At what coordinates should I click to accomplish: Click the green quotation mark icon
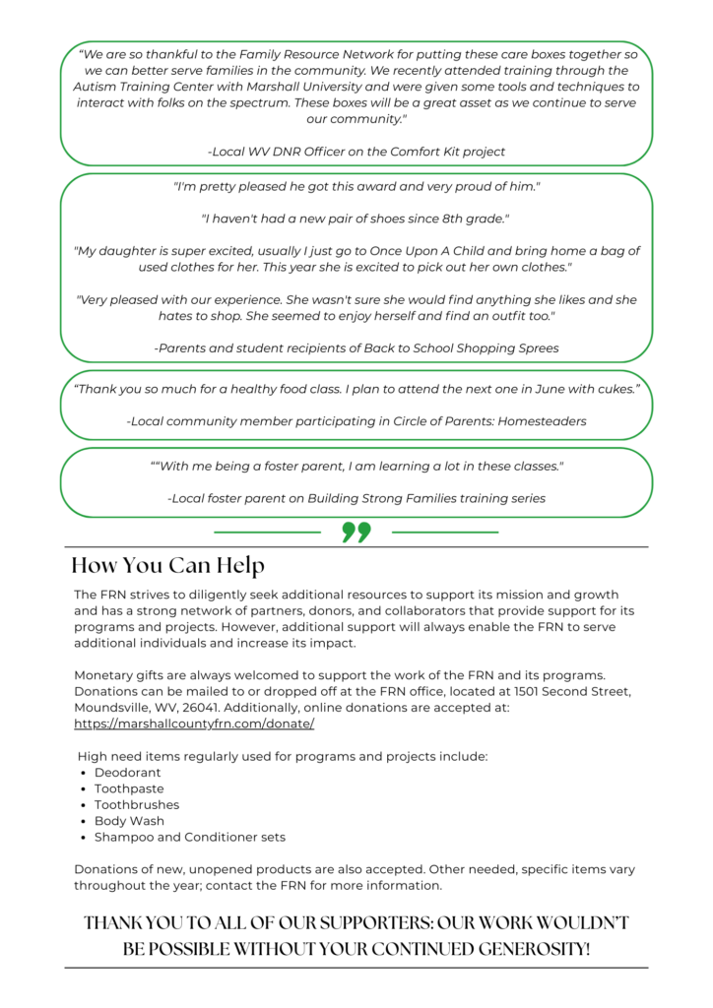click(356, 533)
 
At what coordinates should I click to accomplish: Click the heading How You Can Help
click(167, 566)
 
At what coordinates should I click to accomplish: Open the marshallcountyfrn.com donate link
click(194, 724)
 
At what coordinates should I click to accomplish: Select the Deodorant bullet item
click(127, 773)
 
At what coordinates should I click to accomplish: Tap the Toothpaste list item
click(129, 788)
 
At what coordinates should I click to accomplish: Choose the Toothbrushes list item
click(137, 804)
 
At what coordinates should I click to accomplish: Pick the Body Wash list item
click(129, 821)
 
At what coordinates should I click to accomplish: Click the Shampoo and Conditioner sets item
click(189, 837)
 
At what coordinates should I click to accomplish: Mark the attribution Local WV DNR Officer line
click(356, 152)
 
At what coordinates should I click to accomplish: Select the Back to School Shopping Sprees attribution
click(356, 347)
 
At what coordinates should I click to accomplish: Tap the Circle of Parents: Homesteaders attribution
click(356, 421)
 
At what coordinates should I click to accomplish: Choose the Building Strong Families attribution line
click(356, 498)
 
